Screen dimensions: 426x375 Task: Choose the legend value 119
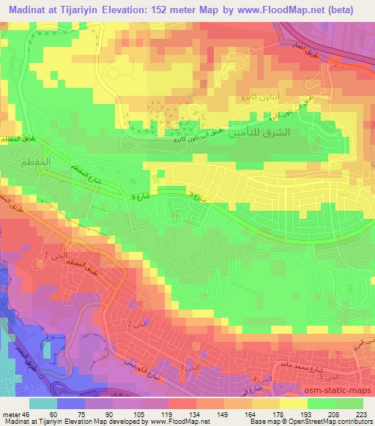click(x=155, y=414)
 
